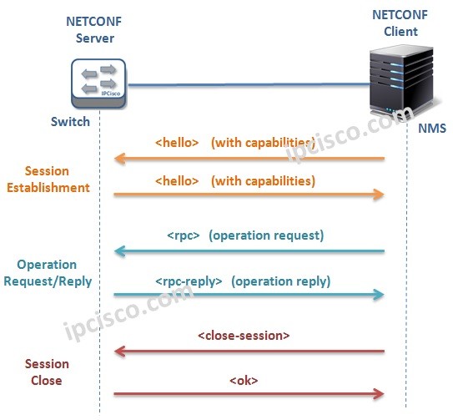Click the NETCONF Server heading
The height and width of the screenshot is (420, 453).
[x=89, y=30]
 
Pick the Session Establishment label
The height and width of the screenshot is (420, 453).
[x=48, y=180]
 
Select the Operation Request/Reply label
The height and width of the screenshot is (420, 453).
[x=47, y=273]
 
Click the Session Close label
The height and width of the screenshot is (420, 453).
[x=47, y=372]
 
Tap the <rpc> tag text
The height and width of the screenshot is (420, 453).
[x=184, y=235]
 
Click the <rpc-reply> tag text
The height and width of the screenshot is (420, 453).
[x=189, y=281]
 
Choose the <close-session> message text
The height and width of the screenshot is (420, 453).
[x=244, y=336]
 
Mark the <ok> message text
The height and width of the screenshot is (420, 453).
[x=244, y=381]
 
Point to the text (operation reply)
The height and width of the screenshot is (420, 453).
[x=280, y=281]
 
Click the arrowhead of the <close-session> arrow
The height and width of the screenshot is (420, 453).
[x=118, y=352]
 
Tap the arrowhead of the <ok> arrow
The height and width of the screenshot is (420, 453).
[x=380, y=393]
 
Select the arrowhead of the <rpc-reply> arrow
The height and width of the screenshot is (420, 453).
[x=380, y=295]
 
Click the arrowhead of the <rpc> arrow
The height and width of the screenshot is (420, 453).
[x=118, y=250]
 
